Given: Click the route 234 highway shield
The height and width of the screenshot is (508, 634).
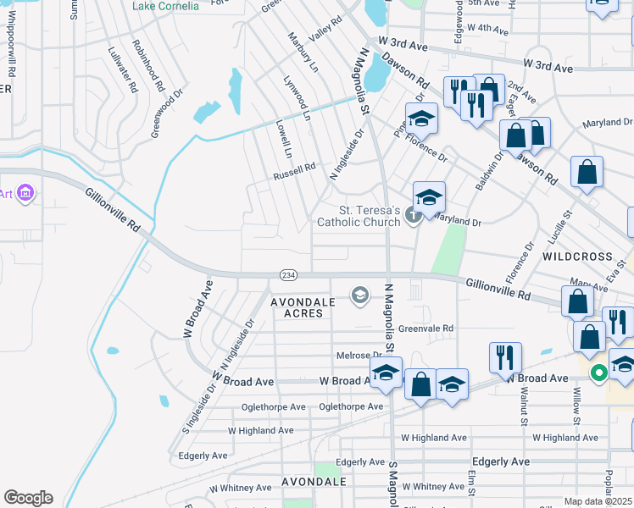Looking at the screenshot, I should point(287,274).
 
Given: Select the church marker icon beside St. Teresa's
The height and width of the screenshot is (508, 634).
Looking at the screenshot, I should point(414,215).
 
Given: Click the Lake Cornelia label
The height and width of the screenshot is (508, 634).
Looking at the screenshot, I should point(168,5).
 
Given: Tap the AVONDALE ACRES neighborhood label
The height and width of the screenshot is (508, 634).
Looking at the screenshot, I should point(298,307).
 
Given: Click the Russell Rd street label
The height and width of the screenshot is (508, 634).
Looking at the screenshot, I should point(293,176).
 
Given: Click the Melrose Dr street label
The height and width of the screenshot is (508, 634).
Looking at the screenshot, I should point(360,356).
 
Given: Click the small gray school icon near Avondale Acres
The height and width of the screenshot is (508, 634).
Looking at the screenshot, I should point(359,295).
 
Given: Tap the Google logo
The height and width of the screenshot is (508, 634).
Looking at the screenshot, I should point(28,498).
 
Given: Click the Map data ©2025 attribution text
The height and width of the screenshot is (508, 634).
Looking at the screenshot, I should point(598,501).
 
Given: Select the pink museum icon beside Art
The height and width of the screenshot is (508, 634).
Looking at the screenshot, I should point(25,195).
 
